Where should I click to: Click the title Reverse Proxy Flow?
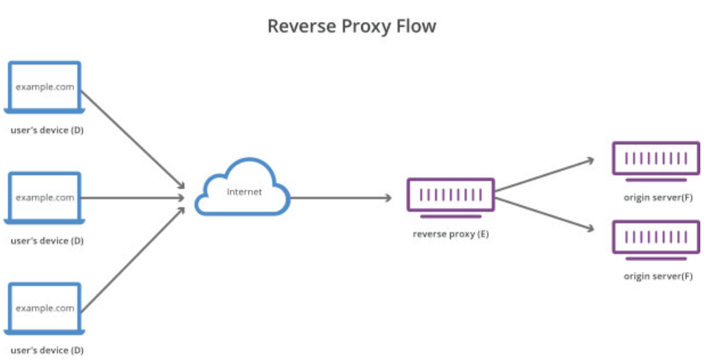tap(351, 26)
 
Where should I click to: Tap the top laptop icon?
tap(45, 87)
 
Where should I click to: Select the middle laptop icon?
tap(45, 197)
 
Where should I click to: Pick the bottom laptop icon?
tap(45, 307)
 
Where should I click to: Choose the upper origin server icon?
tap(656, 160)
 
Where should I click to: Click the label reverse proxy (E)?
tap(451, 234)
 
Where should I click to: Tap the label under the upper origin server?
tap(658, 198)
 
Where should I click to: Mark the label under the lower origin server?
tap(658, 276)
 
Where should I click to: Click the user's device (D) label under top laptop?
tap(47, 130)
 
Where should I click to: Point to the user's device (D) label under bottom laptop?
tap(47, 350)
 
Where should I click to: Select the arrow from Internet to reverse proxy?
tap(340, 198)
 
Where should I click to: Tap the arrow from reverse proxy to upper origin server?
tap(544, 175)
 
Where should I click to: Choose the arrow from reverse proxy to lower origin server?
tap(544, 213)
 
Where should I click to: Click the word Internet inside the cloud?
tap(244, 192)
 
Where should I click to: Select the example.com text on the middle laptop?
tap(45, 198)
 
